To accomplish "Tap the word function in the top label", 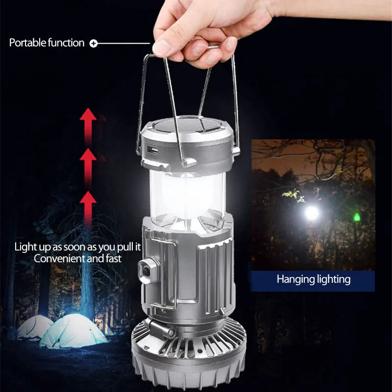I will pyautogui.click(x=66, y=43).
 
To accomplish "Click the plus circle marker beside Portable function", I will pyautogui.click(x=94, y=44).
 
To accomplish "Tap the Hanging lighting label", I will pyautogui.click(x=314, y=280).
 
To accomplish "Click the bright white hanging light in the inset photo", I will pyautogui.click(x=311, y=212).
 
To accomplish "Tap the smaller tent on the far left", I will pyautogui.click(x=34, y=326).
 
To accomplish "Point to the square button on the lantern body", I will pyautogui.click(x=147, y=269).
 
